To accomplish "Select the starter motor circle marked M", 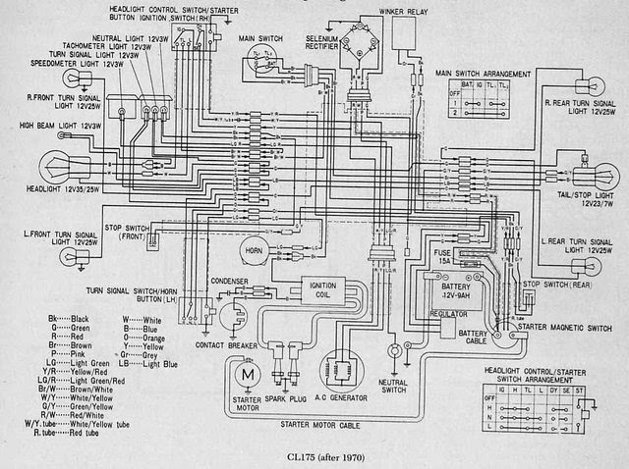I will click(x=248, y=375).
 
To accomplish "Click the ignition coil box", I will click(x=320, y=290).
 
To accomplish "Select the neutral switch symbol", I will click(x=395, y=349).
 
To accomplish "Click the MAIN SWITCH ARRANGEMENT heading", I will click(x=485, y=74).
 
